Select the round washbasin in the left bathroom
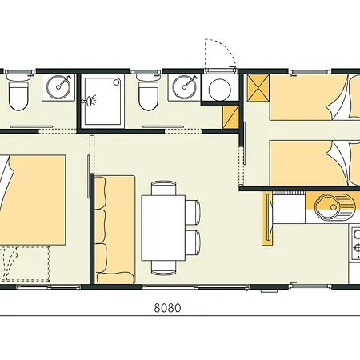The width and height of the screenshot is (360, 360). coord(56,87)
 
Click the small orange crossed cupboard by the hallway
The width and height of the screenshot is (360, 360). coord(232,118)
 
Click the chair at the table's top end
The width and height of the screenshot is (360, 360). coord(164,189)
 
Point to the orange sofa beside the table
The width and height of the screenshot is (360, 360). coord(116,230)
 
